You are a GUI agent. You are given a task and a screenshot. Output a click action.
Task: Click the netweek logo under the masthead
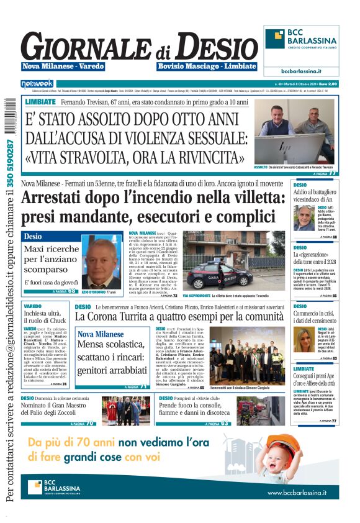point(37,83)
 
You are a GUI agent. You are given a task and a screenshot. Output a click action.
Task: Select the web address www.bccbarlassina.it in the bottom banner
point(302,492)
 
